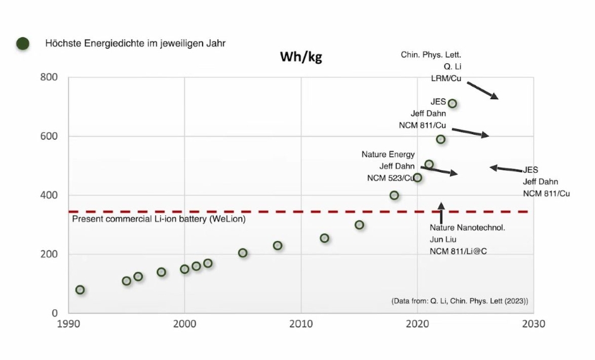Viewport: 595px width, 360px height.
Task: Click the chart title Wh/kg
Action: tap(301, 58)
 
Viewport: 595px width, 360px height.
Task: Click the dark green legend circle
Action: tap(23, 44)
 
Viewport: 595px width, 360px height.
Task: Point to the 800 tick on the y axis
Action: tap(49, 77)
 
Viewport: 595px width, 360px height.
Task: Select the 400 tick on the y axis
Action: tap(49, 195)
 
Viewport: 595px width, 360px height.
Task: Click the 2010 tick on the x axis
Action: tap(301, 323)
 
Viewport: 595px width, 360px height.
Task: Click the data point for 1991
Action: tap(80, 290)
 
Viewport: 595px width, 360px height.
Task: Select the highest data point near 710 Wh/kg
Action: tap(452, 103)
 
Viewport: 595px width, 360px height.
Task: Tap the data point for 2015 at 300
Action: tap(360, 225)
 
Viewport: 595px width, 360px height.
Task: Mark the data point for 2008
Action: tap(277, 245)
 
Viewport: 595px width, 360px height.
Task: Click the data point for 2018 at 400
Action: tap(394, 196)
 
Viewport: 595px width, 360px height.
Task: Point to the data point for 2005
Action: tap(242, 253)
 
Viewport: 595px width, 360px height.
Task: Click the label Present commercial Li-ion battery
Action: tap(158, 219)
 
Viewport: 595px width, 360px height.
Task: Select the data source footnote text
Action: tap(460, 301)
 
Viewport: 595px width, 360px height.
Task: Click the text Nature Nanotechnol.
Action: tap(467, 227)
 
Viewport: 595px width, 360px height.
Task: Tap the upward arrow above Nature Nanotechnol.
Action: tap(441, 211)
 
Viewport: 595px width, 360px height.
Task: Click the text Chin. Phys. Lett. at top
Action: tap(428, 55)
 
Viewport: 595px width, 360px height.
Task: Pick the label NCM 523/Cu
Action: tap(391, 178)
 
